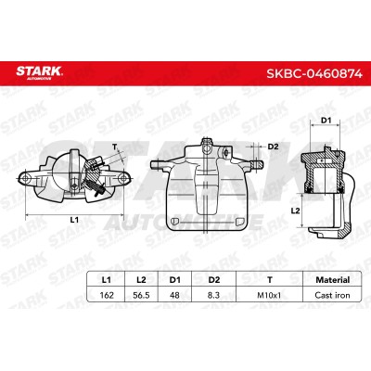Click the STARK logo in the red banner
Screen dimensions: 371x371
[39, 72]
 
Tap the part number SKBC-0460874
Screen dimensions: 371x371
[314, 73]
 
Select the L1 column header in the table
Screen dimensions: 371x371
[106, 280]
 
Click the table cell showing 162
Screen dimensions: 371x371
[107, 295]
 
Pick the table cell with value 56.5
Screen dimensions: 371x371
[141, 295]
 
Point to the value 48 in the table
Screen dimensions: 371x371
[174, 295]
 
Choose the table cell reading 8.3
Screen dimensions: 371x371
[213, 295]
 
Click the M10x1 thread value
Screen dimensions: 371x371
[269, 295]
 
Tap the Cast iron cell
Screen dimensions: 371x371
[332, 295]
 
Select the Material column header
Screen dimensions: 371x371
[333, 280]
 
